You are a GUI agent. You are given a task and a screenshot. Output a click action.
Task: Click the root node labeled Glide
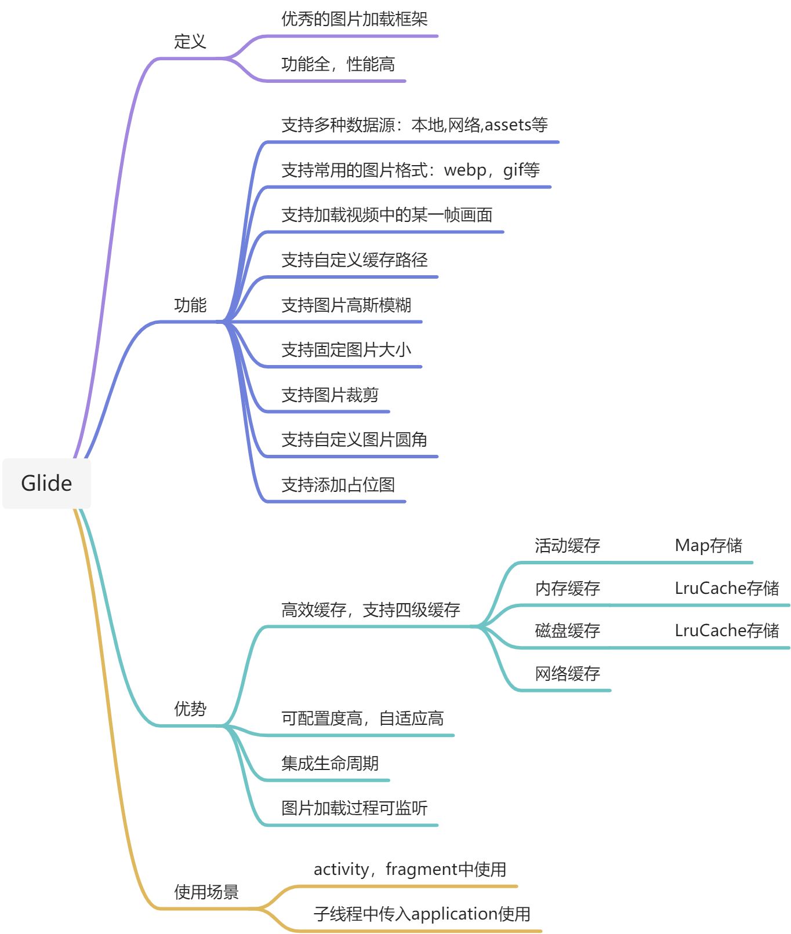pos(46,483)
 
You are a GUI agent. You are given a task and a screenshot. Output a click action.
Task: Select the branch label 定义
pos(190,42)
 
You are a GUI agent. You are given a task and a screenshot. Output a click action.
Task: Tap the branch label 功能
pos(190,305)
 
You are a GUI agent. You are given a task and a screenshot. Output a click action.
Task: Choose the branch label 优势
pos(190,709)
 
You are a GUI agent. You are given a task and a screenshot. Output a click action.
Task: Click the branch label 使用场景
pos(206,892)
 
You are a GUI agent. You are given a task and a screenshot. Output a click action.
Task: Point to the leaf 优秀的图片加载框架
pos(354,19)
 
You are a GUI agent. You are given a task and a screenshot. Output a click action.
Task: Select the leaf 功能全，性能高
pos(338,64)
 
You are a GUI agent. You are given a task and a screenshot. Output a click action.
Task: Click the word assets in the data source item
pos(508,125)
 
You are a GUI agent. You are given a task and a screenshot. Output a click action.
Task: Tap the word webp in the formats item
pos(465,170)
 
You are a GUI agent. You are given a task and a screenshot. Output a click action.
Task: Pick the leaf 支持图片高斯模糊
pos(346,305)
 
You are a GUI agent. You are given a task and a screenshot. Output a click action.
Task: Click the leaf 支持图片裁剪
pos(329,395)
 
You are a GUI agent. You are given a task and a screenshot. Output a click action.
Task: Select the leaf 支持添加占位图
pos(338,485)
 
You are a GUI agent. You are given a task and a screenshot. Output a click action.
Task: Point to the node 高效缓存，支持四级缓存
pos(370,610)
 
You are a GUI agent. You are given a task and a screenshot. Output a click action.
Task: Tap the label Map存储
pos(708,546)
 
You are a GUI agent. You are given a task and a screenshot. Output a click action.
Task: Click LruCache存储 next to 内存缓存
pos(726,589)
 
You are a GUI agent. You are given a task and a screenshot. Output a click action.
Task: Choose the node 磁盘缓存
pos(567,631)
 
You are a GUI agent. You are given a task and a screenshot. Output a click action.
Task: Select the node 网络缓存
pos(567,674)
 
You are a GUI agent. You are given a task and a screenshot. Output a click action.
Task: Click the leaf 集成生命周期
pos(329,764)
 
